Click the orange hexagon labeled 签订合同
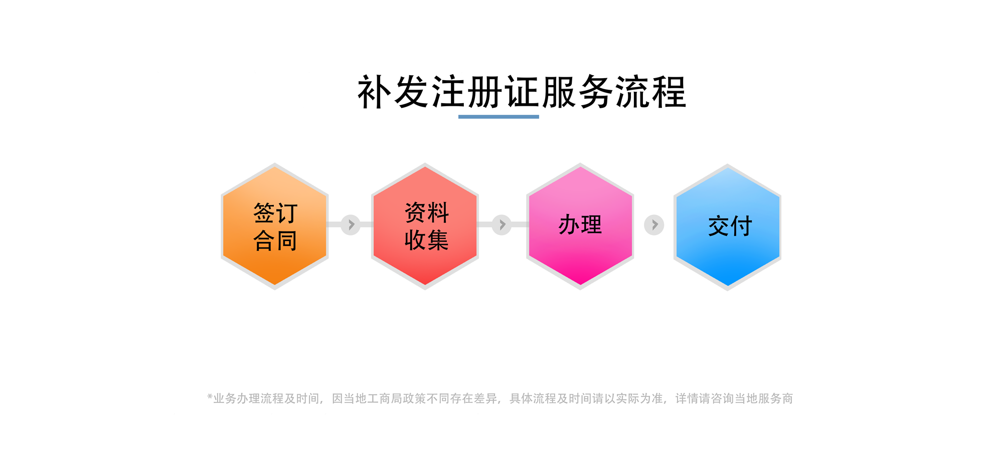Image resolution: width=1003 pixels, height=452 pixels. [x=275, y=226]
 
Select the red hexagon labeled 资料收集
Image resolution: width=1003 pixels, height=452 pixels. [x=425, y=226]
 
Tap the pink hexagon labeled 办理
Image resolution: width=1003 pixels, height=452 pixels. [x=580, y=226]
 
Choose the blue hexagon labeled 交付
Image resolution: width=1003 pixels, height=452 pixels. [x=727, y=227]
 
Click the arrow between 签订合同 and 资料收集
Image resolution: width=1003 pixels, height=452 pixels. [x=351, y=224]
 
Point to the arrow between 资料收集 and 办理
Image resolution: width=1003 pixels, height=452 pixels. [x=501, y=224]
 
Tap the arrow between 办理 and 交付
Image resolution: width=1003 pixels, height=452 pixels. [x=654, y=225]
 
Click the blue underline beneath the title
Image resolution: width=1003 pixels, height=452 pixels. [x=498, y=117]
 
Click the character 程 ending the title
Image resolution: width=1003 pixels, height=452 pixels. [x=668, y=92]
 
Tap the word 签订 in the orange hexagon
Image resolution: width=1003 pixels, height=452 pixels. [x=275, y=213]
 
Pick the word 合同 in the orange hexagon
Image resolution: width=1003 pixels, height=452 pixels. [x=275, y=240]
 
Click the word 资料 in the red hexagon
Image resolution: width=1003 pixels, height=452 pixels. [x=427, y=212]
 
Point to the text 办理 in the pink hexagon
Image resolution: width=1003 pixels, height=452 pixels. [x=580, y=224]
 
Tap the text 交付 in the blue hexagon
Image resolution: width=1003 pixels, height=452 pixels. [x=730, y=226]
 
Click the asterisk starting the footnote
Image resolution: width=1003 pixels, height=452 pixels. [x=210, y=397]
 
